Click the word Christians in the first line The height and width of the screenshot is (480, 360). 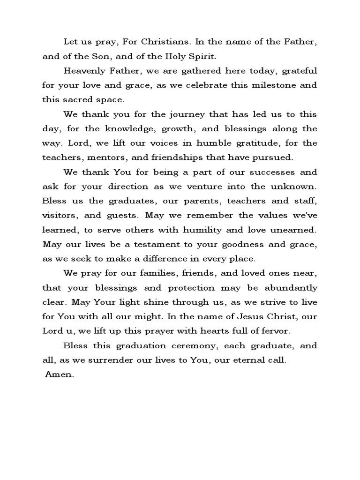[167, 43]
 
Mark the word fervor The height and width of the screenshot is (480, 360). [274, 331]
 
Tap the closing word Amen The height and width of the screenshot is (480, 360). [60, 375]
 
